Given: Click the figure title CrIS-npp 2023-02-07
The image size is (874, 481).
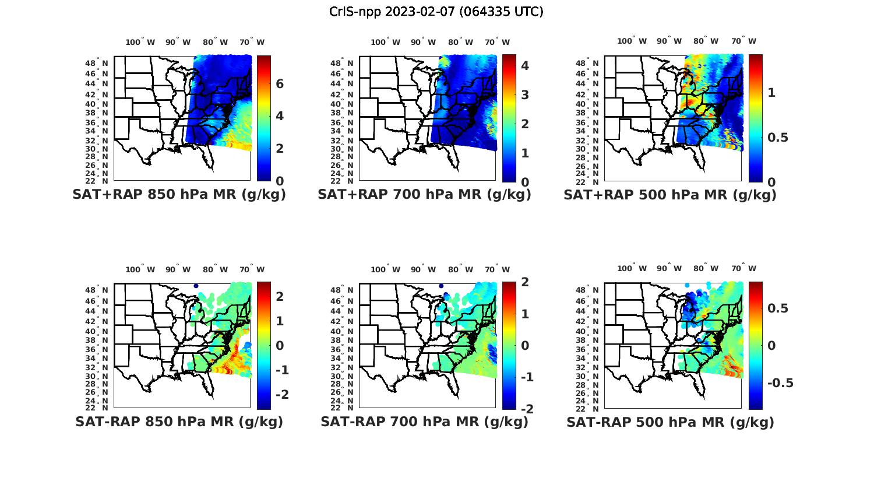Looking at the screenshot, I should pyautogui.click(x=436, y=12).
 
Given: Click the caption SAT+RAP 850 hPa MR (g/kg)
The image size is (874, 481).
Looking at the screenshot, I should pyautogui.click(x=179, y=195).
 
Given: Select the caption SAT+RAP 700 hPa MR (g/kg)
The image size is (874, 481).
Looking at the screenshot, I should pyautogui.click(x=424, y=195).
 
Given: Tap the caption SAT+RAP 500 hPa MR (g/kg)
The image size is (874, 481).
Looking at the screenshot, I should pyautogui.click(x=670, y=195).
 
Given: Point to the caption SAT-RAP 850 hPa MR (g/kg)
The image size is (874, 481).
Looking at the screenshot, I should pyautogui.click(x=179, y=422).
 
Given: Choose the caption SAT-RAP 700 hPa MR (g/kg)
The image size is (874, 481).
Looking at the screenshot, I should pyautogui.click(x=424, y=422).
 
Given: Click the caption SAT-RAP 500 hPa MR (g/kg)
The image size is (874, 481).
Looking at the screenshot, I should pyautogui.click(x=670, y=422).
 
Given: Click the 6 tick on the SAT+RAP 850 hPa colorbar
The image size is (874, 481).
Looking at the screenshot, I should pyautogui.click(x=280, y=84).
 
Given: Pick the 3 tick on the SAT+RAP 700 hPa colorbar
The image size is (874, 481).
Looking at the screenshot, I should pyautogui.click(x=525, y=95).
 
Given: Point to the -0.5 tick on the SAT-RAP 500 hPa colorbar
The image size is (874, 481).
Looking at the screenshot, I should pyautogui.click(x=779, y=383).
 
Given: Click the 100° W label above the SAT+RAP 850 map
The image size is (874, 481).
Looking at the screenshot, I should pyautogui.click(x=140, y=42).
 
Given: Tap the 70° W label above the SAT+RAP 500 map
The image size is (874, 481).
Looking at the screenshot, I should pyautogui.click(x=743, y=41).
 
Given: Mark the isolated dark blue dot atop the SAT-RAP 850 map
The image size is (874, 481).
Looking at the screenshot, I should pyautogui.click(x=196, y=286).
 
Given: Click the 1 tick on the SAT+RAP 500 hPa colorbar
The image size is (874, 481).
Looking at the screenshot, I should pyautogui.click(x=771, y=93).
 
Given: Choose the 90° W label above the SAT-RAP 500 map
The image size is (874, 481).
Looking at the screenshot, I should pyautogui.click(x=668, y=269).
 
